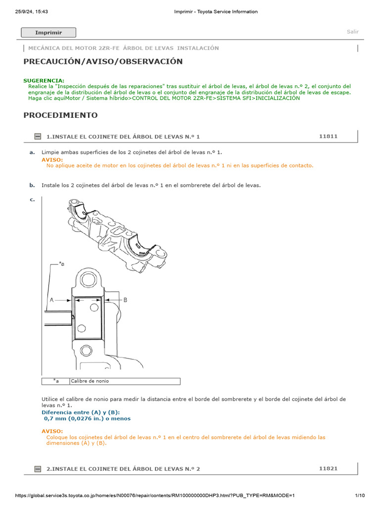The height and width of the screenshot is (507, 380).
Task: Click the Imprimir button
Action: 48,33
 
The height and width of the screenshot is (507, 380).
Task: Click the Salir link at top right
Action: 352,32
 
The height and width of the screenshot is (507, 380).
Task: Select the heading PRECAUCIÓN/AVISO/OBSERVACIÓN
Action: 103,61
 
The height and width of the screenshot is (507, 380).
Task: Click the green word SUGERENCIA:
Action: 44,80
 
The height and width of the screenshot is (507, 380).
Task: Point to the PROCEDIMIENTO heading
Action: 60,115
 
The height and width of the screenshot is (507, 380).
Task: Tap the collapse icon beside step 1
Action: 38,136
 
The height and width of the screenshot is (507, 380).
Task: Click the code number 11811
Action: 329,136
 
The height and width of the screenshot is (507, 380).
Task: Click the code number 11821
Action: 329,468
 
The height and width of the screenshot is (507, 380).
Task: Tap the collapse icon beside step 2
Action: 38,468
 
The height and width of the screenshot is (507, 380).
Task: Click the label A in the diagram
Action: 51,300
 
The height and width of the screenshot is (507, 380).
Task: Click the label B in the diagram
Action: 125,300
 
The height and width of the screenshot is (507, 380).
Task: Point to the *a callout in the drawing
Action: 61,264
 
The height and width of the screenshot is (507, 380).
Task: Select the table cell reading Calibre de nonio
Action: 90,381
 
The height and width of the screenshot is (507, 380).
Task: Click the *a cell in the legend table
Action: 56,381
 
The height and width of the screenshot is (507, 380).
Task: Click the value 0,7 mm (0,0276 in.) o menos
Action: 88,418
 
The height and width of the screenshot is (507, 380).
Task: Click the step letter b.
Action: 32,185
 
